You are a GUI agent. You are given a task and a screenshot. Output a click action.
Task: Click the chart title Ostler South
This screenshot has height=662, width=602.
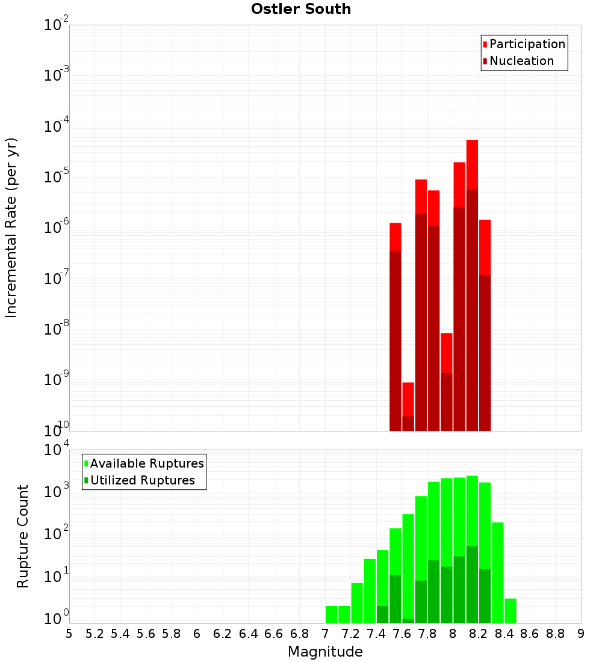(x=301, y=9)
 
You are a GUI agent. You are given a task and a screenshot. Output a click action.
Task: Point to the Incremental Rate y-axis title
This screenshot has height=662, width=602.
(x=12, y=227)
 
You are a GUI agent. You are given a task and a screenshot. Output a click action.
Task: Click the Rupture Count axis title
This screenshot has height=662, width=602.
(x=23, y=536)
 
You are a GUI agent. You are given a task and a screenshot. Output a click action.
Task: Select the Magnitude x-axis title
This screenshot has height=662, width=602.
(x=325, y=652)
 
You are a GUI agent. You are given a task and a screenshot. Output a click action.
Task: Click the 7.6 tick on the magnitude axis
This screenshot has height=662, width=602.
(x=402, y=633)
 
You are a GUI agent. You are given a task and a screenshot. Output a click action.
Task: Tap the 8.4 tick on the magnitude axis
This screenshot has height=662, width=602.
(x=504, y=633)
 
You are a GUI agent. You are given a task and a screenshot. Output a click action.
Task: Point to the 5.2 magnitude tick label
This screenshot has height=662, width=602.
(x=95, y=633)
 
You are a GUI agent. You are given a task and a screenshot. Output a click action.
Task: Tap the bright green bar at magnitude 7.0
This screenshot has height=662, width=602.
(x=331, y=614)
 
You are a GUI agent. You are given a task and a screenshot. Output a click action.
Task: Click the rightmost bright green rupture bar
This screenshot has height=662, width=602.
(x=510, y=610)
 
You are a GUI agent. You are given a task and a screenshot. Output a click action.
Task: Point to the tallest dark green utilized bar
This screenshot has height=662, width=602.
(x=472, y=584)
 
